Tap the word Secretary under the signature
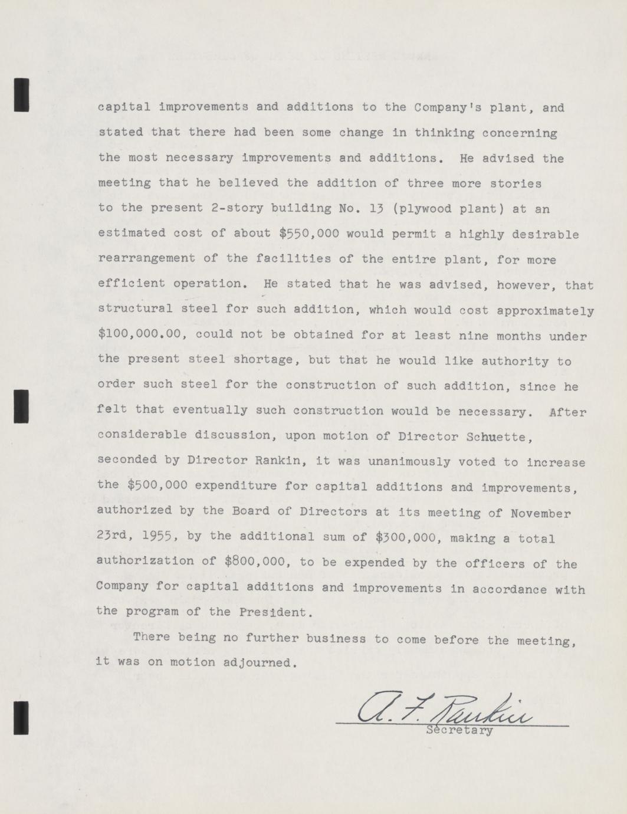pos(458,731)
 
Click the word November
pos(541,513)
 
